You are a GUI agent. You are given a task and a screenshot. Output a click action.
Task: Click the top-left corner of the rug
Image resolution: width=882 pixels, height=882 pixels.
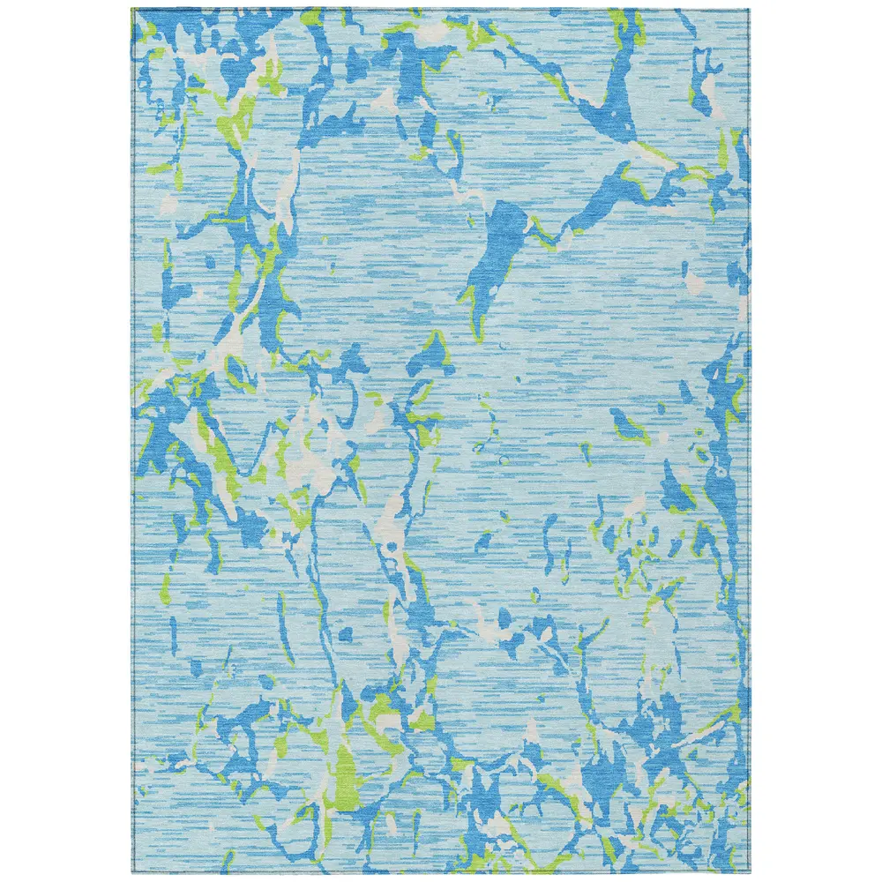(x=131, y=10)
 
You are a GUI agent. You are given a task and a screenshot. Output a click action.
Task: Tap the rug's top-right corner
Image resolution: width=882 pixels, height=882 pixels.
(x=749, y=10)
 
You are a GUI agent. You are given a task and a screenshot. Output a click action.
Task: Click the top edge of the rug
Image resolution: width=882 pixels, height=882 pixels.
(x=441, y=10)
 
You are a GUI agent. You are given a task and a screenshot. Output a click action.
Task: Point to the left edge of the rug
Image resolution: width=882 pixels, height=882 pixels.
(x=131, y=441)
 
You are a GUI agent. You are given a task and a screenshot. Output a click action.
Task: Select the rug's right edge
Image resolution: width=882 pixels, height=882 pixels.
(x=749, y=441)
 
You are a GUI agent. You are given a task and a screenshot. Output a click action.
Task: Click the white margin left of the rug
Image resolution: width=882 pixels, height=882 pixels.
(x=66, y=441)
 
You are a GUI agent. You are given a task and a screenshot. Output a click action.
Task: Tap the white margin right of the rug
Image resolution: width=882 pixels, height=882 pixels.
(x=816, y=441)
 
